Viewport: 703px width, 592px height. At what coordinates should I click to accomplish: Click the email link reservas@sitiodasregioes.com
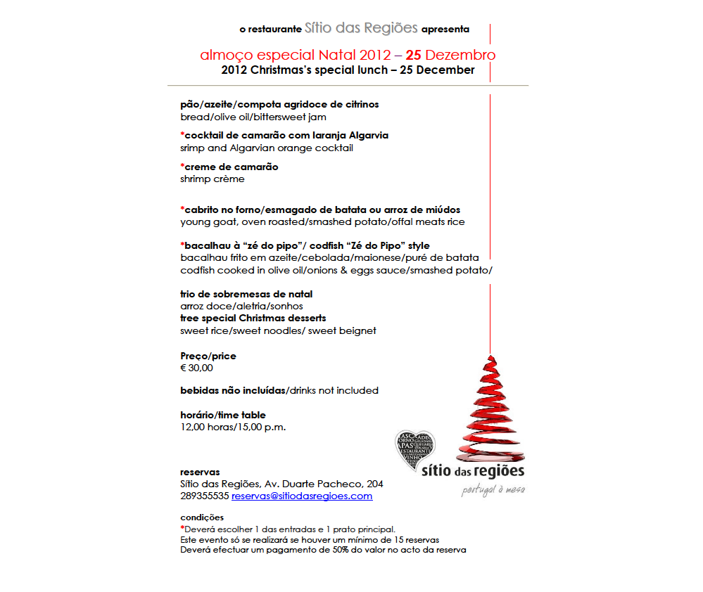[302, 496]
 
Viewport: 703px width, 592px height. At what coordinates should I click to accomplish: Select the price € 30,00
[196, 368]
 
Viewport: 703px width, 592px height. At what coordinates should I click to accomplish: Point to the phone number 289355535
[205, 496]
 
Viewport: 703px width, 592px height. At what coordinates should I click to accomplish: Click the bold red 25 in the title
[414, 55]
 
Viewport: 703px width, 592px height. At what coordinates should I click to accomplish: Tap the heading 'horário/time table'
[223, 415]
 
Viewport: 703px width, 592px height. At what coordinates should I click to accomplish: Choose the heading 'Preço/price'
[208, 356]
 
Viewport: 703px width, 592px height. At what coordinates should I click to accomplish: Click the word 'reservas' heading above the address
[200, 472]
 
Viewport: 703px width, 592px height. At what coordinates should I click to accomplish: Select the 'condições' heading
[202, 517]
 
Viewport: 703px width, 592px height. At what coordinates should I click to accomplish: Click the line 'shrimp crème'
[213, 179]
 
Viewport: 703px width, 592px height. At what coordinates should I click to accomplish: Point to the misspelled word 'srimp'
[193, 148]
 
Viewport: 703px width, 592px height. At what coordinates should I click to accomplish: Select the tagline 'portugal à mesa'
[493, 489]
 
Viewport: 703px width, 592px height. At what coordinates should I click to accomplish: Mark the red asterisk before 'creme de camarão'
[182, 167]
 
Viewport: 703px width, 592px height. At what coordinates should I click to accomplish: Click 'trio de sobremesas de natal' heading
[246, 294]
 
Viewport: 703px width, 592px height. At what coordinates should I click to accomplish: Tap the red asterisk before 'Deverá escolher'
[182, 528]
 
